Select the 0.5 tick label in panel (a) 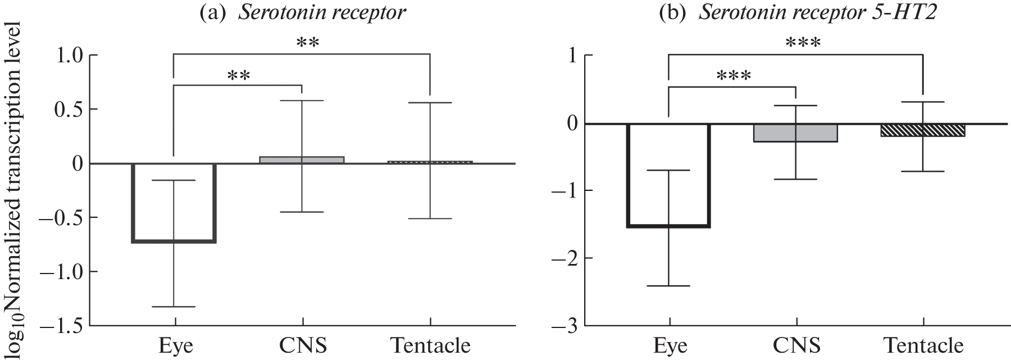pyautogui.click(x=67, y=109)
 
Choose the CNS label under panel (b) pyautogui.click(x=796, y=345)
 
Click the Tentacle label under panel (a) pyautogui.click(x=431, y=345)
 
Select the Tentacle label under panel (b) pyautogui.click(x=923, y=345)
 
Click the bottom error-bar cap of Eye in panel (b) pyautogui.click(x=669, y=286)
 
